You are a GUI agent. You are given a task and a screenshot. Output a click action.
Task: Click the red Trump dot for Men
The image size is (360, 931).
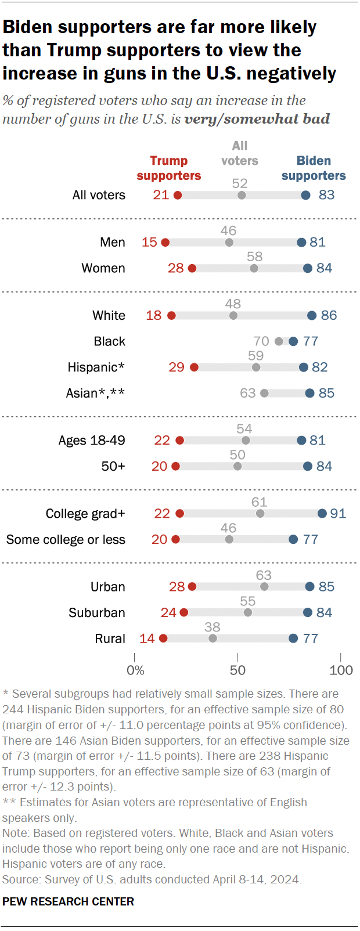tap(165, 242)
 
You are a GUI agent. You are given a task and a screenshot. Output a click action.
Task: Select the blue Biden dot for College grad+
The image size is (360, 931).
tap(322, 513)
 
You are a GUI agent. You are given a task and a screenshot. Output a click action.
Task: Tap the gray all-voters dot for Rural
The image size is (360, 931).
tap(213, 638)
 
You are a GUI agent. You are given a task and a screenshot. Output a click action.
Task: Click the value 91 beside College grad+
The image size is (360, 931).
tap(338, 513)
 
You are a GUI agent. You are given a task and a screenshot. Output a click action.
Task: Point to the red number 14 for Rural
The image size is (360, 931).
tap(147, 638)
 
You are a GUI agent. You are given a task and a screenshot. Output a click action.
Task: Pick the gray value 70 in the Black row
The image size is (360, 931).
tap(261, 341)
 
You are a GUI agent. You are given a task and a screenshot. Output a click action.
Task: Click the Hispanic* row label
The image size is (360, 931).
tap(96, 367)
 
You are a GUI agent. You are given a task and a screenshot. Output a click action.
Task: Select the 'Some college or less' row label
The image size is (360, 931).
tap(66, 539)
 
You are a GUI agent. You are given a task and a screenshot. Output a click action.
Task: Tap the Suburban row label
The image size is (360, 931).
tap(96, 612)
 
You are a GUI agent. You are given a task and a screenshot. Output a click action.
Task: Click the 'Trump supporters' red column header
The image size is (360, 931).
tap(169, 168)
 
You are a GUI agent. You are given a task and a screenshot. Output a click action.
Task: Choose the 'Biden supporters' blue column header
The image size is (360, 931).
tap(314, 168)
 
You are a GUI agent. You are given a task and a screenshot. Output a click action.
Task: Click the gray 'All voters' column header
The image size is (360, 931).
tap(239, 153)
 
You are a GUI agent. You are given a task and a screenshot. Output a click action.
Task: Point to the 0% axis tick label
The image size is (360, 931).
tap(135, 670)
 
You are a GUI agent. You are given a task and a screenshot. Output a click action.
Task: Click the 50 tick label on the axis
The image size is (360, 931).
tap(237, 670)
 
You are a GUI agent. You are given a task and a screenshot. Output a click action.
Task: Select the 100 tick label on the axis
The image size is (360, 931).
tap(341, 670)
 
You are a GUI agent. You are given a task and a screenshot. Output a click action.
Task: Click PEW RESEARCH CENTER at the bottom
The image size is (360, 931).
tap(68, 901)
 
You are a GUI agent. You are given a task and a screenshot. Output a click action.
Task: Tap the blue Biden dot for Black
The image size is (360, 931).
tap(293, 341)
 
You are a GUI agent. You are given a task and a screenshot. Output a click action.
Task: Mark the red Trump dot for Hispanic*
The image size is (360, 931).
tap(194, 367)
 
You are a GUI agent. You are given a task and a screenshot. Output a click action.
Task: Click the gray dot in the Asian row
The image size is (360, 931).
tap(264, 393)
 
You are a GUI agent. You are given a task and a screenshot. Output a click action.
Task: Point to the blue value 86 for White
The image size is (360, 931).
tap(329, 315)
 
